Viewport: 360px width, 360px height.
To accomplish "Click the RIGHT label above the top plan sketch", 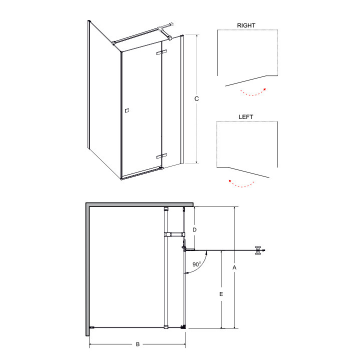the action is click(246, 25).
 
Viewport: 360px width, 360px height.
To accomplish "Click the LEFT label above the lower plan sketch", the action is click(245, 117).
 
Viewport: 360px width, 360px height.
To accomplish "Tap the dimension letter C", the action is click(196, 98).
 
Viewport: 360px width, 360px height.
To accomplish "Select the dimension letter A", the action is click(234, 267).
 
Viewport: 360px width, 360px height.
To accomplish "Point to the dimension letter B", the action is click(138, 344).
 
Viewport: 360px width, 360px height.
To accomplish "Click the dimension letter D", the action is click(194, 230).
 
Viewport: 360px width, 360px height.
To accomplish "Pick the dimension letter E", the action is click(221, 294).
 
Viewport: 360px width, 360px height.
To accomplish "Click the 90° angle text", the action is click(196, 264).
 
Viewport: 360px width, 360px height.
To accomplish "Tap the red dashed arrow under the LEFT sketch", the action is click(241, 185).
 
